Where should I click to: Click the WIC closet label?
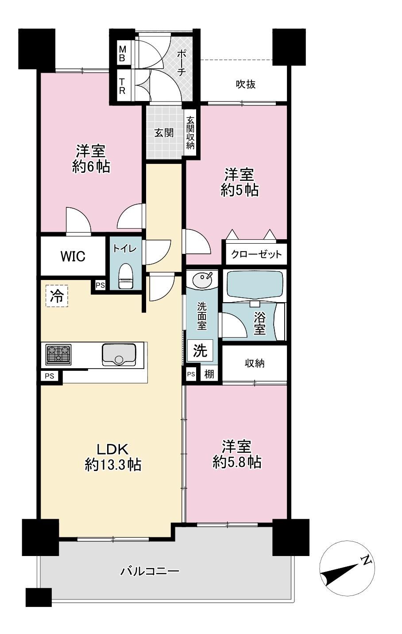click(73, 256)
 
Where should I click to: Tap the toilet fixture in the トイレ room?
click(125, 276)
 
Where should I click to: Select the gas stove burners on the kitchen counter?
click(58, 354)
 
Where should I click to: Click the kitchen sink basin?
click(119, 354)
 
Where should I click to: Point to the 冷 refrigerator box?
click(57, 296)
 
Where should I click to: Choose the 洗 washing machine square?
click(200, 351)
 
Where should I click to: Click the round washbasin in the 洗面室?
click(202, 279)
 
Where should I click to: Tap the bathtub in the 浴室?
click(255, 284)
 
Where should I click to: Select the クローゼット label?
click(256, 254)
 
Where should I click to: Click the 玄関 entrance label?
click(164, 132)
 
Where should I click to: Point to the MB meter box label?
click(122, 54)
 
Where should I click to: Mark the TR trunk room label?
click(122, 86)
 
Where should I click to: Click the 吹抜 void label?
click(246, 84)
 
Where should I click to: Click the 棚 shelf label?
click(209, 374)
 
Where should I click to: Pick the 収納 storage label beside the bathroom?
click(255, 363)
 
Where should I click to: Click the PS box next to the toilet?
click(100, 285)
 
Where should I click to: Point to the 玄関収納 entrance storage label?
click(190, 132)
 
